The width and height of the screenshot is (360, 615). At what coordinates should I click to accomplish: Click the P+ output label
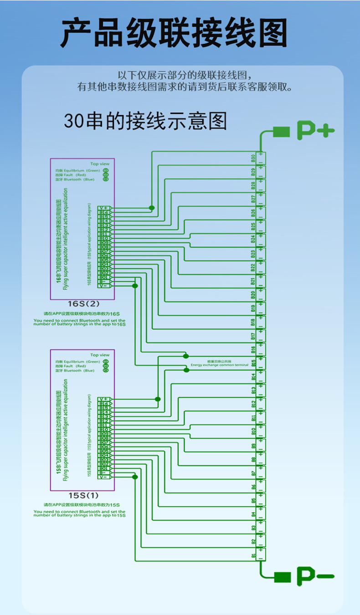pyautogui.click(x=316, y=131)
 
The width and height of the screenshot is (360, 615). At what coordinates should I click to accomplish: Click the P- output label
pyautogui.click(x=316, y=576)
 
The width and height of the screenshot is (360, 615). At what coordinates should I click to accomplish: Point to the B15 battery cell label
pyautogui.click(x=253, y=364)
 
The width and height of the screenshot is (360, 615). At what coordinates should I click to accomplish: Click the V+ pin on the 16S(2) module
pyautogui.click(x=104, y=208)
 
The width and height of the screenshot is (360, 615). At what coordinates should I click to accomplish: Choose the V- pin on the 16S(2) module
pyautogui.click(x=104, y=286)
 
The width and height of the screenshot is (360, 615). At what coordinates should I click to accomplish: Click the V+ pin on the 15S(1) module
pyautogui.click(x=104, y=399)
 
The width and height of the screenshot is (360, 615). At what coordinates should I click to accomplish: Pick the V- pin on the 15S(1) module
pyautogui.click(x=104, y=477)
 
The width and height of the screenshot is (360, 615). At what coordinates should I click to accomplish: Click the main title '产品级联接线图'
pyautogui.click(x=174, y=34)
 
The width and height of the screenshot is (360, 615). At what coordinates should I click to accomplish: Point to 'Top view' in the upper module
pyautogui.click(x=100, y=164)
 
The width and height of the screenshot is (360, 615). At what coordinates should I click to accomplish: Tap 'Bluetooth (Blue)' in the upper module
pyautogui.click(x=75, y=179)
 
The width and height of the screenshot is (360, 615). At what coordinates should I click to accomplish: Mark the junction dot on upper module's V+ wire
pyautogui.click(x=152, y=208)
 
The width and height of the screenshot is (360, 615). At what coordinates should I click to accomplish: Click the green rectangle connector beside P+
pyautogui.click(x=282, y=132)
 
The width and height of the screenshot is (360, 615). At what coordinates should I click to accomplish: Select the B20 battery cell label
pyautogui.click(x=253, y=295)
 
